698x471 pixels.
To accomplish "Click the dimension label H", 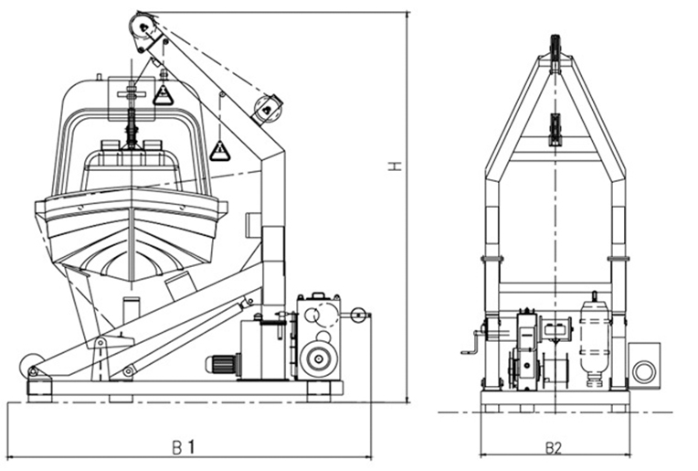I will point(396,166).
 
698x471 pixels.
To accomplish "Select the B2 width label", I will point(553,447).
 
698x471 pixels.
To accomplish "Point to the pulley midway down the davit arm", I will point(267,108).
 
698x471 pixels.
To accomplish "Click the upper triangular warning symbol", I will point(163,93).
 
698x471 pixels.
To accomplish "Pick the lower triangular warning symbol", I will point(219,150).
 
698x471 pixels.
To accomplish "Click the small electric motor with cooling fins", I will point(220,364).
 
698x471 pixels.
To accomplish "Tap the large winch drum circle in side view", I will point(319,357).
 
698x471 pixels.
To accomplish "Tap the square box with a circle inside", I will point(644,368).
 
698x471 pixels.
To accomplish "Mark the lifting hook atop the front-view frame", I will point(554,46).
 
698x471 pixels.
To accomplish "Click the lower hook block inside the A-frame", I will point(554,128).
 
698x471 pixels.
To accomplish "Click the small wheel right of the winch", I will point(358,317).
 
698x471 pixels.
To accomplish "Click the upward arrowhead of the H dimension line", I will point(405,17).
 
